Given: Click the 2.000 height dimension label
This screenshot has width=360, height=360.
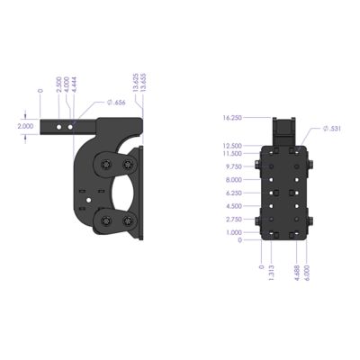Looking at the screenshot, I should tap(26, 127).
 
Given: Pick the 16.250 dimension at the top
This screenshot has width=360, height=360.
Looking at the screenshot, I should tap(231, 117).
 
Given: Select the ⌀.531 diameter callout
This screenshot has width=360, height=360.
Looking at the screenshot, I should tap(331, 129).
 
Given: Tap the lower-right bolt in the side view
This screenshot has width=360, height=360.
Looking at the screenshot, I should tap(127, 222).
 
